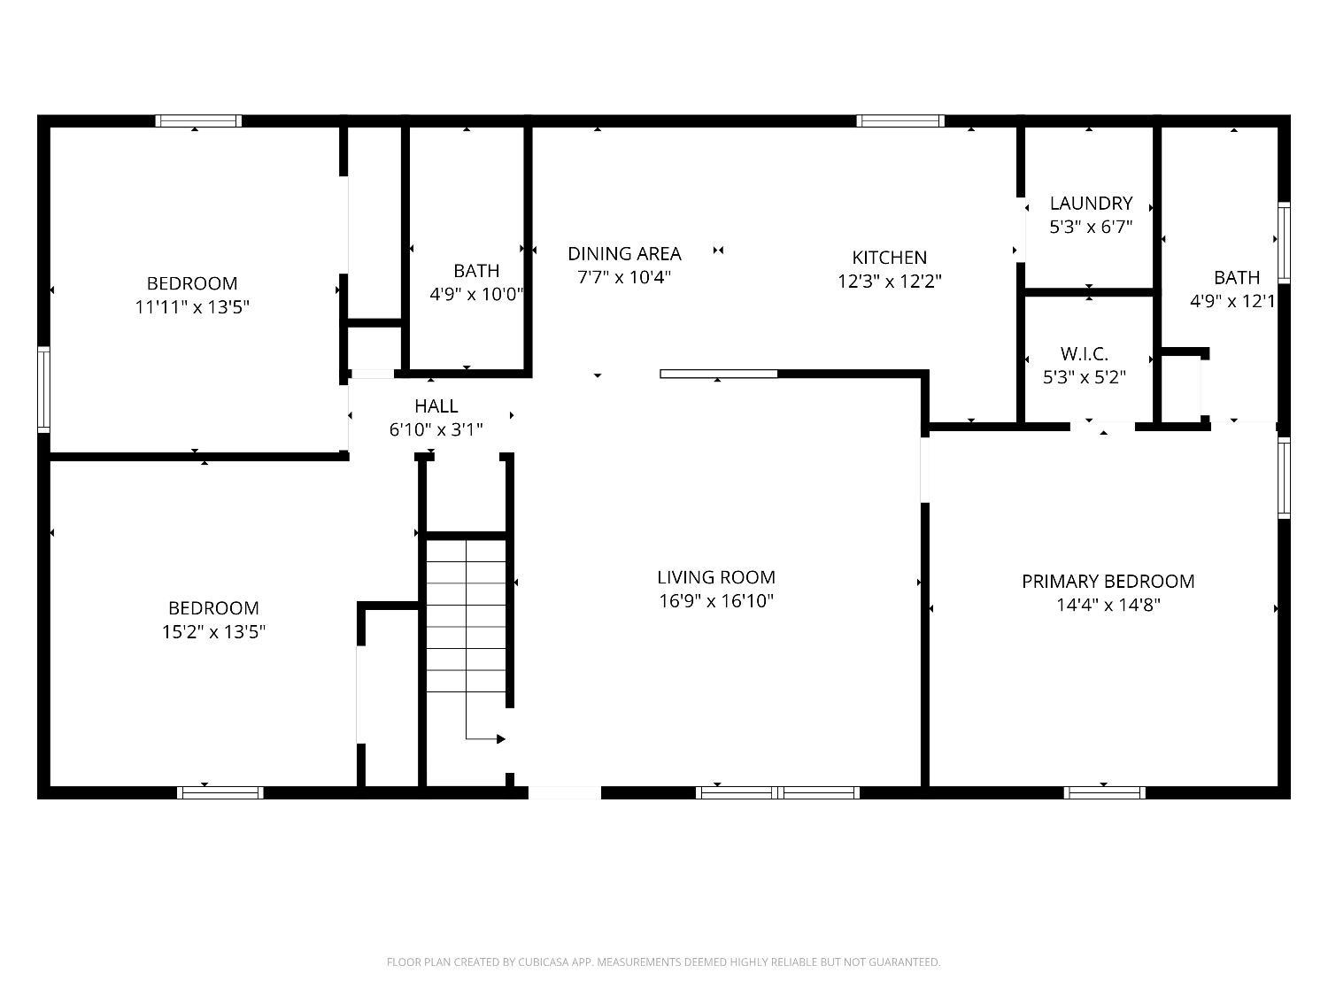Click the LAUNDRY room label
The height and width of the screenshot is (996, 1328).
click(x=1091, y=204)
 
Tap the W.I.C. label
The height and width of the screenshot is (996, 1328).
click(x=1085, y=354)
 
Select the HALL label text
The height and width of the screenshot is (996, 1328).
click(x=436, y=405)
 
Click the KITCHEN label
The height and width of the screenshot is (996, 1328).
click(x=890, y=258)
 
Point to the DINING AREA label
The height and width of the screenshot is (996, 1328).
click(x=624, y=253)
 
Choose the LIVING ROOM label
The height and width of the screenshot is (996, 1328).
click(x=716, y=577)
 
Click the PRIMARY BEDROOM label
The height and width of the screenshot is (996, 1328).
click(x=1108, y=582)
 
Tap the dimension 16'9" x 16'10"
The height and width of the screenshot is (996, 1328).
click(x=716, y=601)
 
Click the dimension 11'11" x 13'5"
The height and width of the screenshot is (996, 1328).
click(x=192, y=307)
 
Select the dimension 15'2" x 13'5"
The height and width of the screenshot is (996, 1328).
click(x=213, y=632)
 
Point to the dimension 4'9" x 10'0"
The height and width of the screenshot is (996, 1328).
click(x=476, y=295)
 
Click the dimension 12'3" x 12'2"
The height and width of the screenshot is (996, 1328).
click(x=890, y=282)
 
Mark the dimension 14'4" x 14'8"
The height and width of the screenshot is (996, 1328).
click(x=1108, y=606)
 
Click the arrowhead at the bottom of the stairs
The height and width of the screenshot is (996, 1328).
click(x=501, y=739)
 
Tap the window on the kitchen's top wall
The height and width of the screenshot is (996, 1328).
click(x=900, y=121)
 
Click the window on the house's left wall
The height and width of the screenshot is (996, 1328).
click(x=43, y=390)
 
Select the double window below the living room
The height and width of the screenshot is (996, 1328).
click(x=777, y=792)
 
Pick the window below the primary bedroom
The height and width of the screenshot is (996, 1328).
click(x=1104, y=792)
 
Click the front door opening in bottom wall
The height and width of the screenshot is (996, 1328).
click(x=565, y=792)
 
